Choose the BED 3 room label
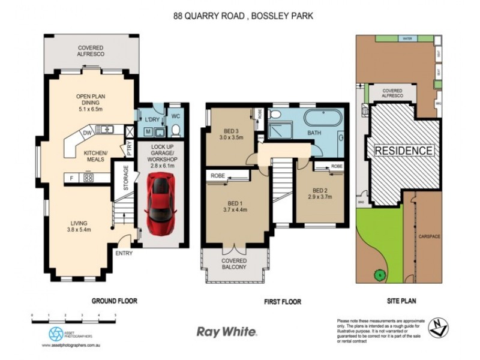click(231, 132)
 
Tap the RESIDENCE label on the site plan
click(403, 151)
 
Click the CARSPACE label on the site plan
click(429, 236)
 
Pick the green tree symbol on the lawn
click(380, 275)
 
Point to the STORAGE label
click(126, 178)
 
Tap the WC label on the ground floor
click(176, 115)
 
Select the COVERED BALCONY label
click(235, 264)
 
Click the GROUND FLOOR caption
click(114, 301)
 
